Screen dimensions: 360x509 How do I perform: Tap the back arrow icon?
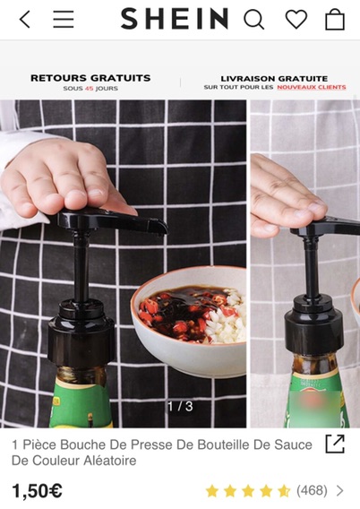[25, 19]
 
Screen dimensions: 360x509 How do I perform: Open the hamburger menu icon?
[64, 19]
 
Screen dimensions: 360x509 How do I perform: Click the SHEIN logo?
[175, 19]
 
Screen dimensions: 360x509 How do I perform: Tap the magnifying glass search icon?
[254, 19]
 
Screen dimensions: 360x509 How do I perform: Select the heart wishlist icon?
[296, 19]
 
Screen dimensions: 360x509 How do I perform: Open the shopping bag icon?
[335, 19]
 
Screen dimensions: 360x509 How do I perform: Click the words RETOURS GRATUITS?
[90, 78]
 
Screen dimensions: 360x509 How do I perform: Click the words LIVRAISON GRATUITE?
[274, 79]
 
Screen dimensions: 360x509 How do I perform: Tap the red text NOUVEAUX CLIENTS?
[312, 87]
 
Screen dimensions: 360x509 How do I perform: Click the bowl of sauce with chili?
[189, 320]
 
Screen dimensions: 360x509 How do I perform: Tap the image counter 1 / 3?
[180, 406]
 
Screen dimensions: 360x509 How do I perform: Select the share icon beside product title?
[335, 444]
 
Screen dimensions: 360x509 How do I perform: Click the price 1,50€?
[37, 490]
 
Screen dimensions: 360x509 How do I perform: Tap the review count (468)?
[312, 490]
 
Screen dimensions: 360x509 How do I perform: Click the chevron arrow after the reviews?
[340, 490]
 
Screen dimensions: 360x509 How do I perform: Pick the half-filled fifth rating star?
[284, 491]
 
